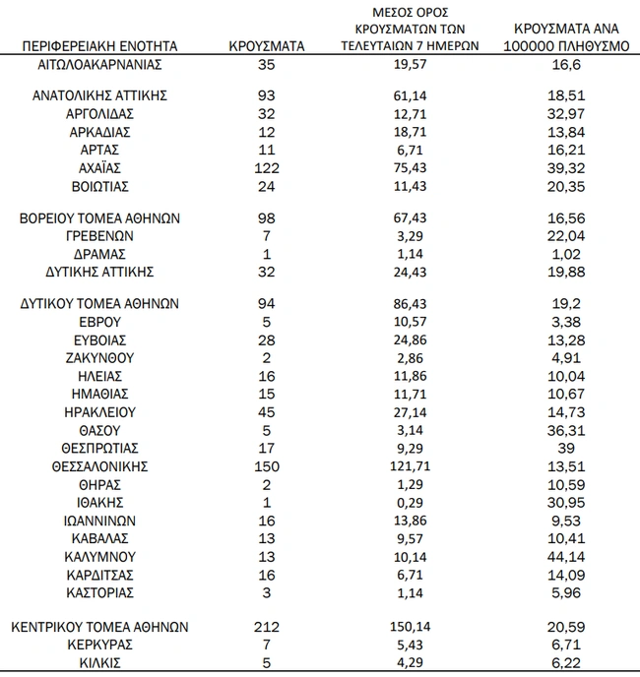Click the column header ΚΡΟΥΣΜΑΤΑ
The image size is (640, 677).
[x=266, y=46]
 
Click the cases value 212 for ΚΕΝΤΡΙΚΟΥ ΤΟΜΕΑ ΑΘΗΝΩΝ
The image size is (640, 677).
[x=266, y=627]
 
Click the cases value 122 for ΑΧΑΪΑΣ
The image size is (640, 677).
[x=266, y=167]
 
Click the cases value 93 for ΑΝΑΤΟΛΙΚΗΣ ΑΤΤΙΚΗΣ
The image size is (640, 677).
[x=266, y=95]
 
